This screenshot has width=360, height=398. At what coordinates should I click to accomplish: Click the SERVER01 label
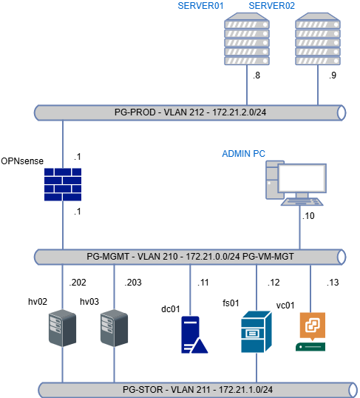[201, 6]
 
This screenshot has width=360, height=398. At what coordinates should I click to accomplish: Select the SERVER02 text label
[272, 6]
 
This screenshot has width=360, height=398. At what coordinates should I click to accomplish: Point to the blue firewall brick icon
[62, 184]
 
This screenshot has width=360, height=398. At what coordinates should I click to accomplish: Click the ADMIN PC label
[243, 154]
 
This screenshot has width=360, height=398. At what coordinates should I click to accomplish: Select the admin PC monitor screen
[302, 178]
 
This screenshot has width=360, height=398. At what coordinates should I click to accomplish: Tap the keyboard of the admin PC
[302, 200]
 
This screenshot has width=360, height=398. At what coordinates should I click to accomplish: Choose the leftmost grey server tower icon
[62, 328]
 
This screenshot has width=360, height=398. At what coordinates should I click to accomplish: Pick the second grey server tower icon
[114, 328]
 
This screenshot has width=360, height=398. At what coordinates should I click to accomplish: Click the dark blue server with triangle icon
[193, 334]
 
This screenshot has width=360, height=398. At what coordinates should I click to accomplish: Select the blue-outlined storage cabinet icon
[257, 331]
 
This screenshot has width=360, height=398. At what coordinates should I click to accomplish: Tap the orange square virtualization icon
[311, 326]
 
